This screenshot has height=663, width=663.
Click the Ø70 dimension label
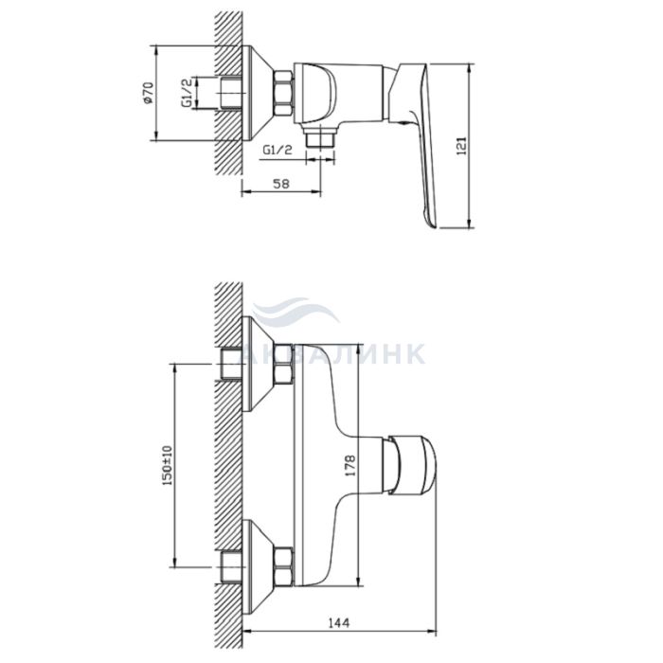point(148,93)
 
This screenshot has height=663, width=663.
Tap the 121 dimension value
point(462,146)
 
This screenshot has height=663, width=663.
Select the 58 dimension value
point(281,184)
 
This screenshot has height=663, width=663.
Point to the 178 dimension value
point(350,466)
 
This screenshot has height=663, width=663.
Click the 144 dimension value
point(339,623)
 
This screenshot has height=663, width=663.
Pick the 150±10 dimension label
point(168,465)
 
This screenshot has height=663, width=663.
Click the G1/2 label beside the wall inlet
point(188,92)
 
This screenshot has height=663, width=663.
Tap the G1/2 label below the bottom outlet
point(278,150)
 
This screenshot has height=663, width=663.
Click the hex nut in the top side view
point(283,93)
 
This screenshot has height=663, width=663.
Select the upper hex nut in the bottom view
point(283,365)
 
